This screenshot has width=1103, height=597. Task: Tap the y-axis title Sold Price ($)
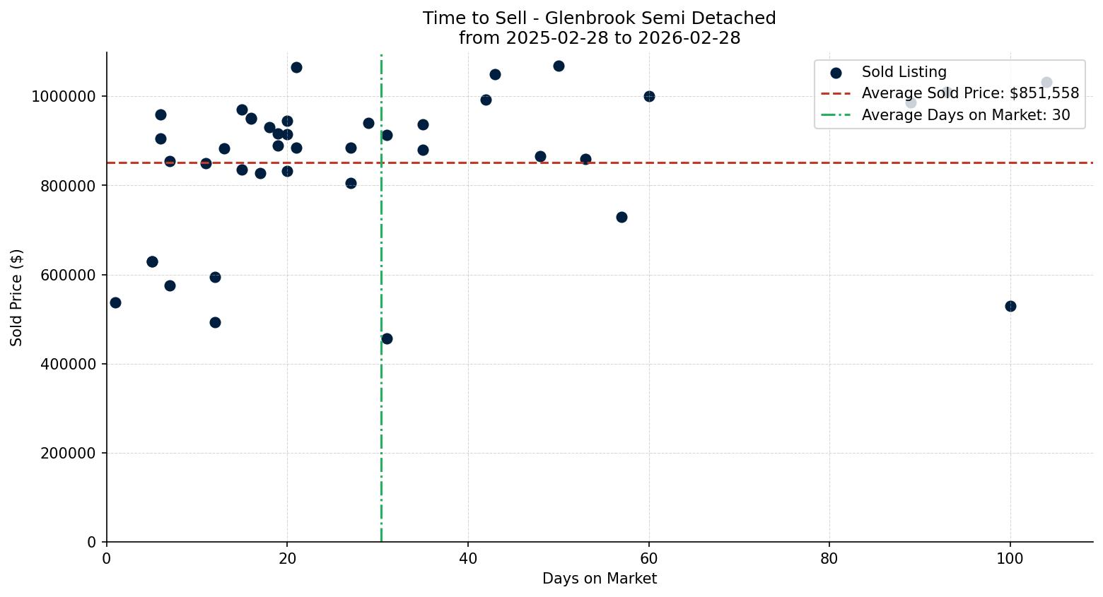tap(17, 297)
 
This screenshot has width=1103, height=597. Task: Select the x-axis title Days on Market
tap(599, 579)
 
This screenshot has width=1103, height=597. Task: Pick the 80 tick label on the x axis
tap(829, 559)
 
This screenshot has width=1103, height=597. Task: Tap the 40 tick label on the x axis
tap(468, 559)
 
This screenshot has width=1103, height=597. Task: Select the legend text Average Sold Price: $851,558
tap(970, 93)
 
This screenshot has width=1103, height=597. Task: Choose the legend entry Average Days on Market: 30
tap(965, 115)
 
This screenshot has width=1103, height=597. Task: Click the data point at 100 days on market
tap(1010, 306)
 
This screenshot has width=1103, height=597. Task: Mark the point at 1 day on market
tap(115, 302)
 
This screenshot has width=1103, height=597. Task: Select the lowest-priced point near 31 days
tap(387, 338)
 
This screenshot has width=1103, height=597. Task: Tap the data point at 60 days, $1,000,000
tap(649, 96)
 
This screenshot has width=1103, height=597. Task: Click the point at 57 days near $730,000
tap(621, 217)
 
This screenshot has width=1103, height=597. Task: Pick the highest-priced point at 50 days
tap(559, 66)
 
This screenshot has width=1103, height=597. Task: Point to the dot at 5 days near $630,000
tap(152, 261)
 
